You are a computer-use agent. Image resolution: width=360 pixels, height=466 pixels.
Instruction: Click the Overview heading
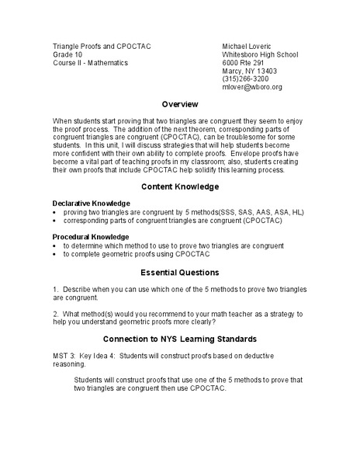click(180, 104)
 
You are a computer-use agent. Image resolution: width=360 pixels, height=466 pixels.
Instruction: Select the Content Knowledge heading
click(180, 186)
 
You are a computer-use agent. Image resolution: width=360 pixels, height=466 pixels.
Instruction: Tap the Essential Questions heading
click(180, 273)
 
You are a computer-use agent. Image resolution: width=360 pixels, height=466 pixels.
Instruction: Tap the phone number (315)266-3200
click(246, 79)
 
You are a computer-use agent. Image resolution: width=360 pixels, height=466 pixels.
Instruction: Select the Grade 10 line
click(67, 55)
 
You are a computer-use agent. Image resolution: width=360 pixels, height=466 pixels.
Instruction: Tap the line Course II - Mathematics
click(89, 63)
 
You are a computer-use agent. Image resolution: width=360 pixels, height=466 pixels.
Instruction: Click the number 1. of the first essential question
click(56, 289)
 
